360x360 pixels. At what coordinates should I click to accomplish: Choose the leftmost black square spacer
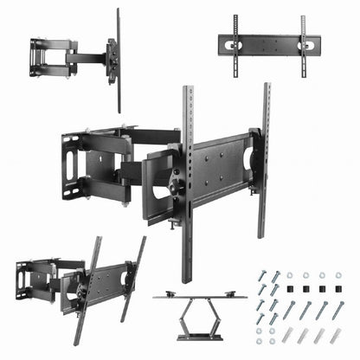coord(289,291)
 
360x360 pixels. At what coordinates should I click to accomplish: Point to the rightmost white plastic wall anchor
coord(337,338)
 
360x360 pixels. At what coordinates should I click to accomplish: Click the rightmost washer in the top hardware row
coord(337,275)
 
